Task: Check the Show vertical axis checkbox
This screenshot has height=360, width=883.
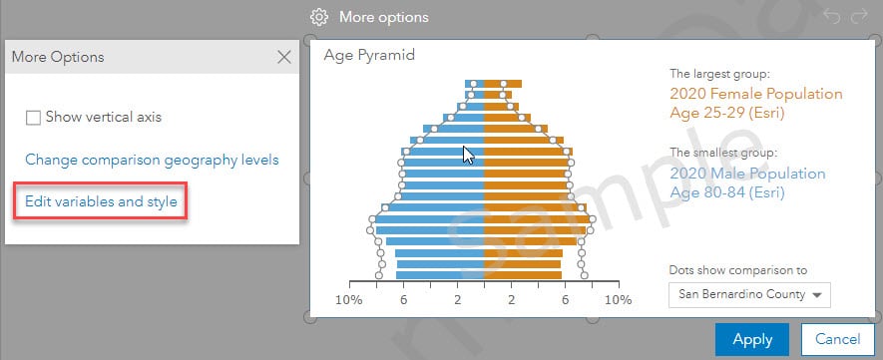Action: [33, 118]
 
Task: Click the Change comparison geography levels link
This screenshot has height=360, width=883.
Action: [152, 160]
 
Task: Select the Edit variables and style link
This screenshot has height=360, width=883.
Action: [102, 201]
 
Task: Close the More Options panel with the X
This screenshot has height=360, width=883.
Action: [284, 57]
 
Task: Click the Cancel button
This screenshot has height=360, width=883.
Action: [837, 339]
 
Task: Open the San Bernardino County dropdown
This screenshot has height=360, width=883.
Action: [749, 295]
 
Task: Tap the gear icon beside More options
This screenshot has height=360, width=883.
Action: [319, 17]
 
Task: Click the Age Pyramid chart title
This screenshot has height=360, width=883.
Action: [369, 55]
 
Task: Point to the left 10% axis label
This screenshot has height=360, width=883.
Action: [349, 300]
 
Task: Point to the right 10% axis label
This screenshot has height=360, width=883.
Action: [619, 300]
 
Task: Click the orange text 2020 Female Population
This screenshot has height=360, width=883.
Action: [756, 94]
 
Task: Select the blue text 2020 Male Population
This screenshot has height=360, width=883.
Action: [748, 174]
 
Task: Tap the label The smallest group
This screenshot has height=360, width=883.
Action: [723, 153]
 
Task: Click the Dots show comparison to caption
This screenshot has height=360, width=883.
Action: [738, 270]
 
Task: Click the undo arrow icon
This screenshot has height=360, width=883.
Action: [831, 16]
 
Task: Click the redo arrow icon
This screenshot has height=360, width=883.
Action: [859, 16]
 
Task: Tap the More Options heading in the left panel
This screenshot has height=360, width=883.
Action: [58, 57]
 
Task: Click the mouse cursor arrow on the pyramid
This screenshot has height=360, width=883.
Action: [468, 156]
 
